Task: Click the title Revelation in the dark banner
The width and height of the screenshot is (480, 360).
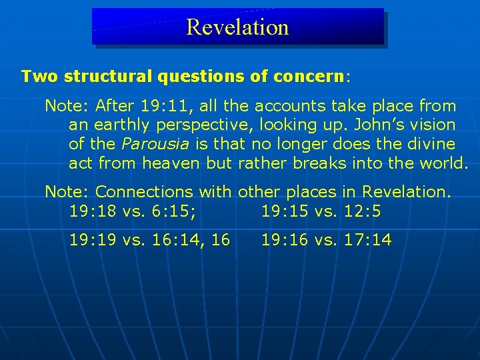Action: (237, 27)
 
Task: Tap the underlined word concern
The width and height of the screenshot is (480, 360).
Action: (307, 76)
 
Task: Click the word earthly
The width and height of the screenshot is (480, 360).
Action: (125, 125)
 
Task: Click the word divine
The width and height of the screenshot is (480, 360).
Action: (430, 144)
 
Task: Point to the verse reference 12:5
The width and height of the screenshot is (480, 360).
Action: (368, 211)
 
